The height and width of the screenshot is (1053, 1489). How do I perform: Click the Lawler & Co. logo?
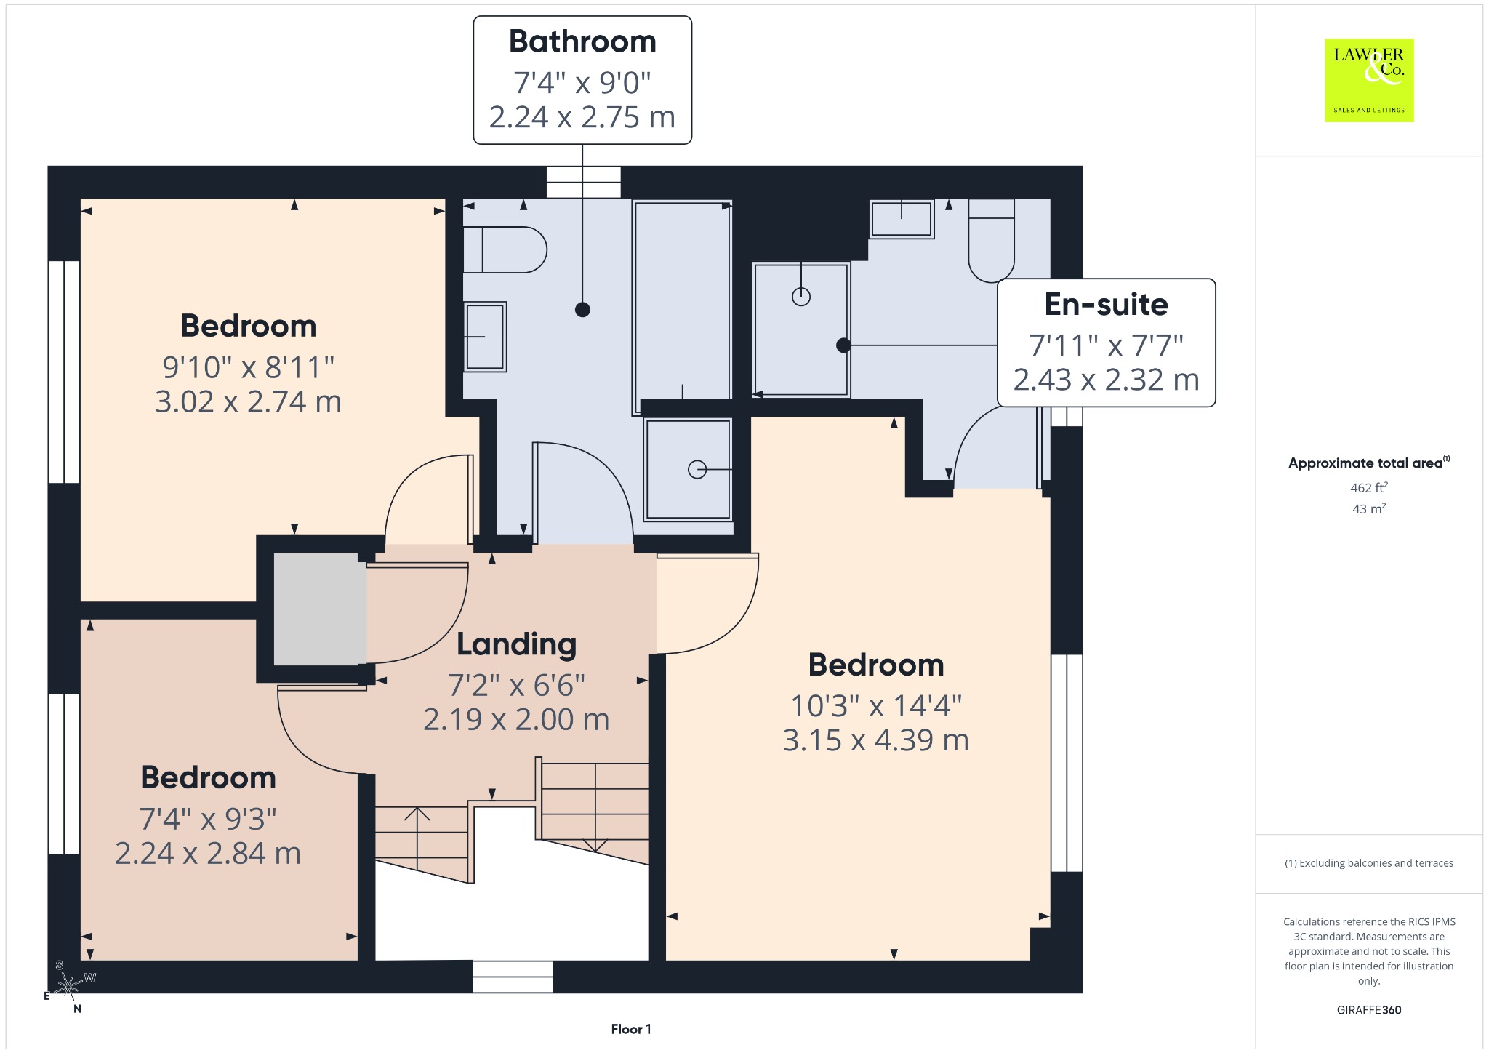[x=1369, y=80]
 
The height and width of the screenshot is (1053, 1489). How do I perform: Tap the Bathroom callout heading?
[x=582, y=41]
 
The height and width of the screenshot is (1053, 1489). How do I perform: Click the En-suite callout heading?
[x=1106, y=304]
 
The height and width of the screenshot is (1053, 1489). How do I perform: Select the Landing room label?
[x=516, y=644]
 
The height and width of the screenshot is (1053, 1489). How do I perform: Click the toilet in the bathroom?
[x=505, y=249]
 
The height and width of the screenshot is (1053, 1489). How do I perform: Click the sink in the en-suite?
[x=902, y=219]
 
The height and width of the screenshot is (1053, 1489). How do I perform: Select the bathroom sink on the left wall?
[x=485, y=337]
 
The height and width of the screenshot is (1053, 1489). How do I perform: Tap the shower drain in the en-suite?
[x=801, y=297]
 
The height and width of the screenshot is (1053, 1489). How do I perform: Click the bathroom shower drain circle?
[x=697, y=470]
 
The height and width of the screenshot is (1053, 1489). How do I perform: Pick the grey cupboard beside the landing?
[x=320, y=609]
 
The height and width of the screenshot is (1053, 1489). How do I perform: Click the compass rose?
[x=68, y=987]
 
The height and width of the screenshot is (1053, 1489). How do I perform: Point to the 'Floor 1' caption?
[x=631, y=1029]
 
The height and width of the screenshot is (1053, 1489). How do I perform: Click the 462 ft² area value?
[x=1369, y=487]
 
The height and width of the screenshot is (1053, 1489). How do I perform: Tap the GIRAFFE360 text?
[x=1369, y=1010]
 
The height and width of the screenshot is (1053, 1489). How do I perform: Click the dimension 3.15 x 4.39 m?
[x=876, y=740]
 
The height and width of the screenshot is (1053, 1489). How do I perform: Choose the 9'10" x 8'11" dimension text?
[x=248, y=367]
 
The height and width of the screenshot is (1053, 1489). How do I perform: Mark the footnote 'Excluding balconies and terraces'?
[x=1369, y=863]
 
